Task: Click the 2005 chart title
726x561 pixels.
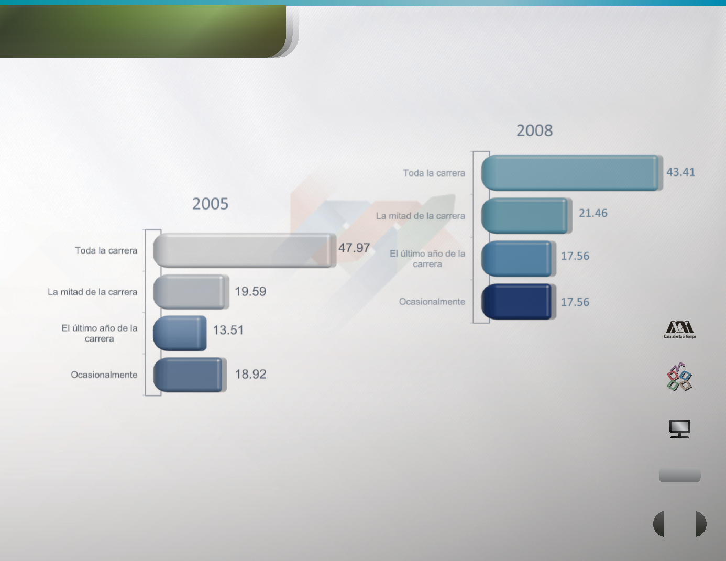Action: (x=210, y=203)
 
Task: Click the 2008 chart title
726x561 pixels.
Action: (x=535, y=130)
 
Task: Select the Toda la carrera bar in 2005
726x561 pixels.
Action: (x=245, y=250)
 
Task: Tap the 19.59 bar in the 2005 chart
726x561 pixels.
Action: (x=191, y=292)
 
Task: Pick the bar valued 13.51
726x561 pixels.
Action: (x=180, y=333)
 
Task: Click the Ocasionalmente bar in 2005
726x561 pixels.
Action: (x=190, y=375)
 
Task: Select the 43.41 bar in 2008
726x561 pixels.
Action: (x=572, y=173)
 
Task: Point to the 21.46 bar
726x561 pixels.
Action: (x=526, y=215)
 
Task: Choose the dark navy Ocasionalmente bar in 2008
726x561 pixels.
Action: (x=519, y=302)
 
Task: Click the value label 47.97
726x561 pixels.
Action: (x=354, y=248)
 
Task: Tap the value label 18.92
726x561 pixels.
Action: (x=250, y=374)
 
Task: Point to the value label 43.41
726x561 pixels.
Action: (x=680, y=172)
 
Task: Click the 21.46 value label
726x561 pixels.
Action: (x=593, y=213)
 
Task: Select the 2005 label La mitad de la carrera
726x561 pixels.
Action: (x=93, y=292)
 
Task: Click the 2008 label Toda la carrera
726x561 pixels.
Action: (x=434, y=173)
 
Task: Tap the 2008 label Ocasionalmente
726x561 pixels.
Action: (x=432, y=302)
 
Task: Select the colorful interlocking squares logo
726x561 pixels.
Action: (x=679, y=377)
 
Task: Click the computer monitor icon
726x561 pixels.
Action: (x=679, y=429)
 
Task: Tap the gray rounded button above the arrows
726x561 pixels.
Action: (x=679, y=475)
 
